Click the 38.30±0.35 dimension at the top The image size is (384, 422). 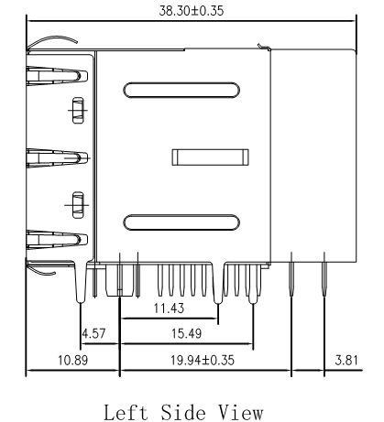[192, 11]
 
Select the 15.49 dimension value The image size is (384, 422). [187, 336]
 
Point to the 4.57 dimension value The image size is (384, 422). [93, 336]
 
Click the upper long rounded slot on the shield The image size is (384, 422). [181, 91]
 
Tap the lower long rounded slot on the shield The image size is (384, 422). [181, 221]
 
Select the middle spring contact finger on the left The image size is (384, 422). [46, 156]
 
